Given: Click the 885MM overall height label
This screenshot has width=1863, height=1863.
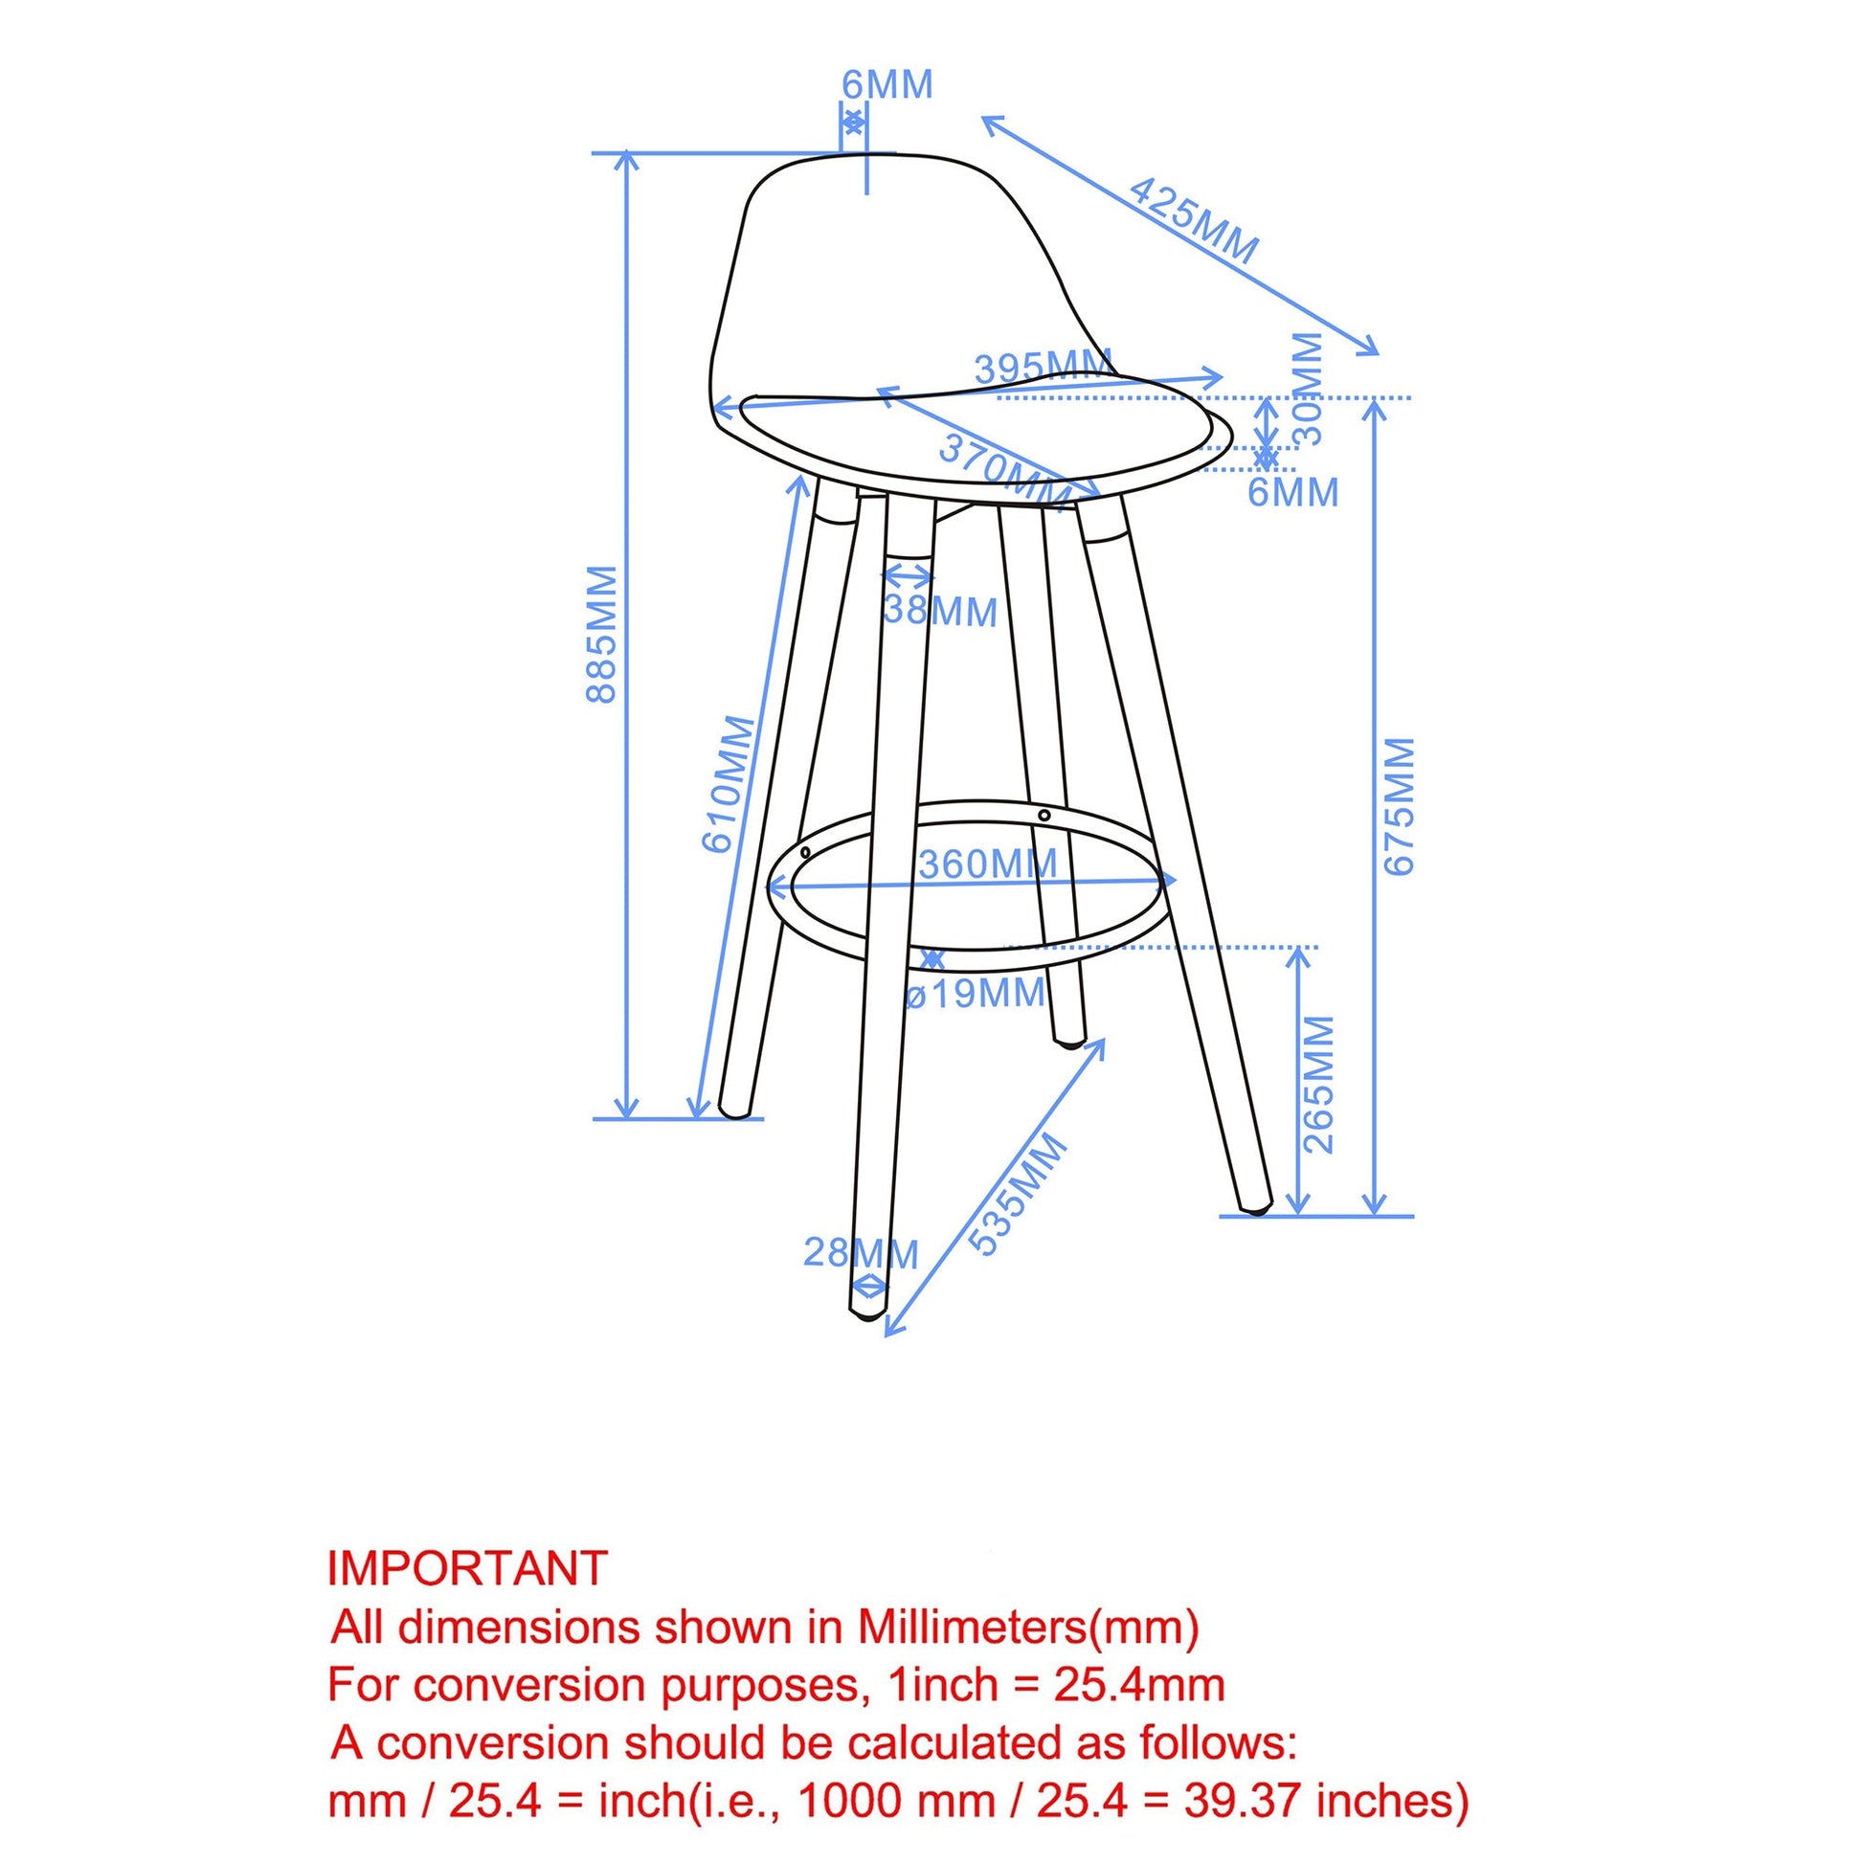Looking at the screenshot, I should click(x=602, y=635).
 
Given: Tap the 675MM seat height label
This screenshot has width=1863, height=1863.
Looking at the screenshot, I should click(x=1400, y=805).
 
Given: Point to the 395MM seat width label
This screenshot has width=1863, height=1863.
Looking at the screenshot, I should click(x=1043, y=367).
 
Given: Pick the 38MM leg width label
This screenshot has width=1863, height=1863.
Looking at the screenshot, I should click(x=940, y=612).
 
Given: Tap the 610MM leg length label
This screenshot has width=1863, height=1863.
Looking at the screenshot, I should click(x=729, y=784).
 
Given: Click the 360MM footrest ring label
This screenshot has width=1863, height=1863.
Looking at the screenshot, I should click(x=987, y=863).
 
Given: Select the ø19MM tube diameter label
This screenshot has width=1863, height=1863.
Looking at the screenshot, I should click(x=976, y=992).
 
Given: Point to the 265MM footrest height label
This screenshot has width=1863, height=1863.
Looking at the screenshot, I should click(x=1318, y=1085).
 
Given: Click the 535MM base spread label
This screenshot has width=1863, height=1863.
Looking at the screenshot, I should click(x=1019, y=1194).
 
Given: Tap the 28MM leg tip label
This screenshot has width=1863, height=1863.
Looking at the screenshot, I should click(x=861, y=1252).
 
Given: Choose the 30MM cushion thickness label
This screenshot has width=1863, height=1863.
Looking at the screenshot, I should click(x=1308, y=389).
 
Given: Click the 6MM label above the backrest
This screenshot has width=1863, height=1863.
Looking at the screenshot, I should click(x=887, y=85).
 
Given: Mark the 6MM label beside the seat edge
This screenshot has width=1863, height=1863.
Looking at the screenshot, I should click(x=1293, y=493).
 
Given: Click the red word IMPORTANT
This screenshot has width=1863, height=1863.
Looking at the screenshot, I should click(x=468, y=1569).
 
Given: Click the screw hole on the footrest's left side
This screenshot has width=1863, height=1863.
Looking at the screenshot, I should click(x=805, y=851).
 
